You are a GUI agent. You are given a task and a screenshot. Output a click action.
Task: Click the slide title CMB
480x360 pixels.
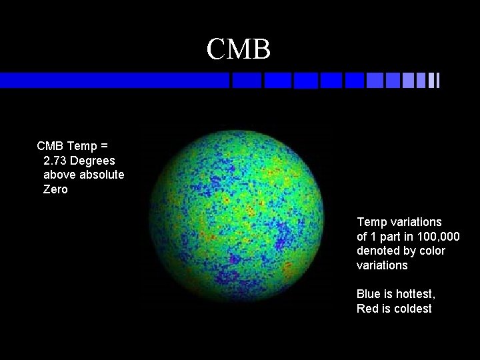tap(238, 49)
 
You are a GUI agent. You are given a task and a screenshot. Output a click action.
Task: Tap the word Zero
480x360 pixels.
tap(55, 190)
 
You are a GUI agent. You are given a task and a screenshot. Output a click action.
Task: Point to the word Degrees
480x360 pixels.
tap(92, 161)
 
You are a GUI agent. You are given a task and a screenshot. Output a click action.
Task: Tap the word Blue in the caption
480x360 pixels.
tap(368, 294)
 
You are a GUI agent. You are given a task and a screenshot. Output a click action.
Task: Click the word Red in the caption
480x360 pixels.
tap(367, 309)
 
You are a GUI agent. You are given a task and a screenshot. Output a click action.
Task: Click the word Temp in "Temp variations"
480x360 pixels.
tap(371, 222)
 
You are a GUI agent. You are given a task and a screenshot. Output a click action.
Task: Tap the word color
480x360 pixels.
tap(431, 251)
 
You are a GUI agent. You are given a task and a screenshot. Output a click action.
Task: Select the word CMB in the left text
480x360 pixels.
tap(51, 146)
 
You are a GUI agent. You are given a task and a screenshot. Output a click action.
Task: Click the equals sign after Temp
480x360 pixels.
tap(105, 146)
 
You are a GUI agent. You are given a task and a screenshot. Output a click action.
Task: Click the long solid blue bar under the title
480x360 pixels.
tap(113, 80)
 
